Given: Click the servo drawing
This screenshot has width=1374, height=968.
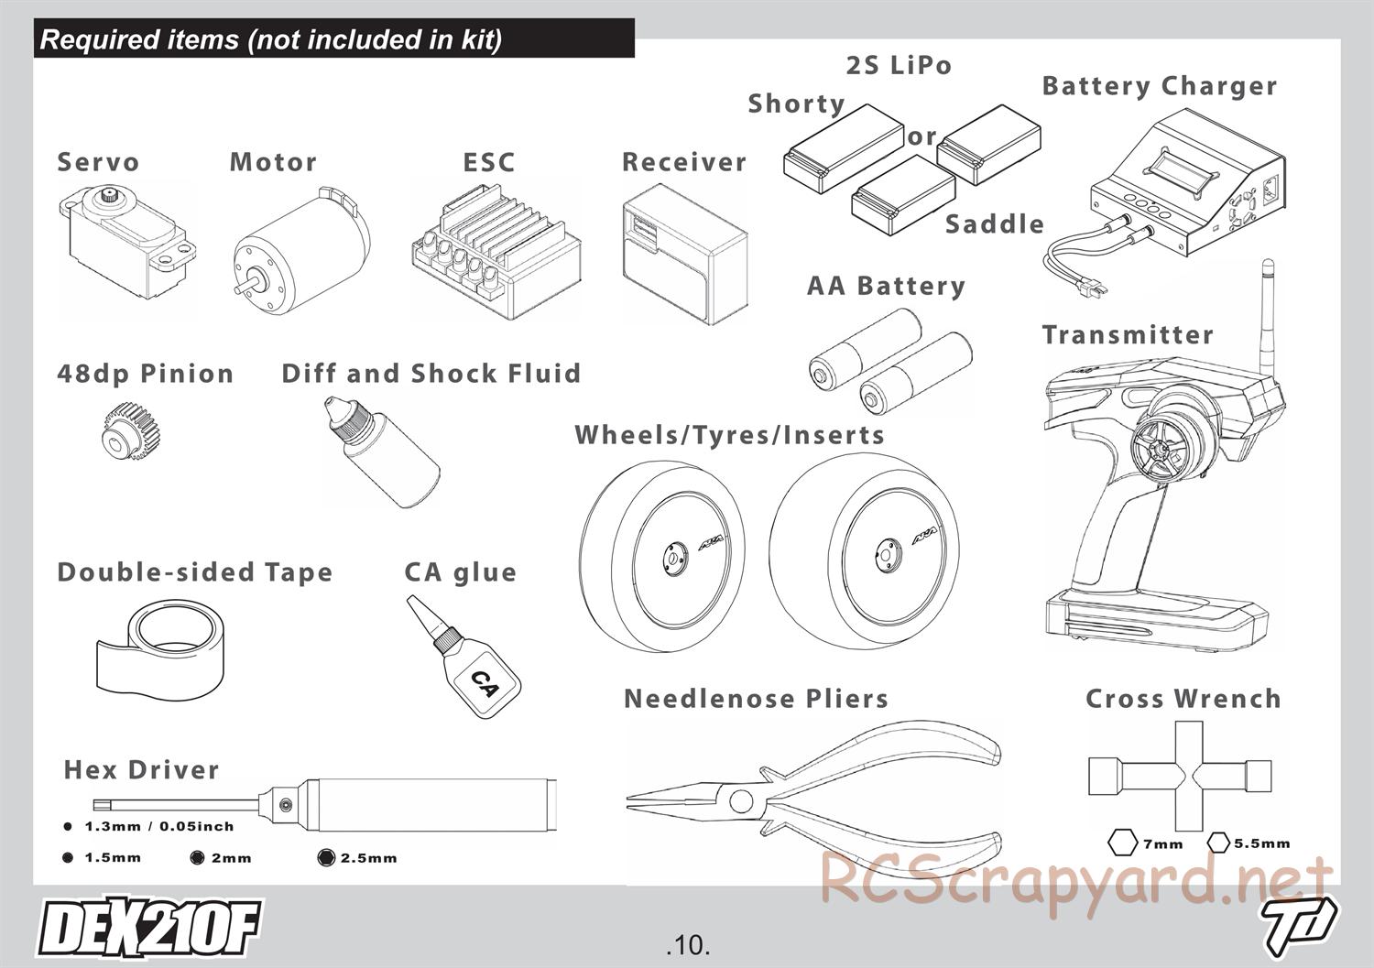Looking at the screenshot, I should (126, 243).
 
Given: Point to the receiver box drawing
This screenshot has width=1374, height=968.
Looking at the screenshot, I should (682, 256).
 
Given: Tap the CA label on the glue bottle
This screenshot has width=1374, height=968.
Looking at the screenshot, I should (483, 683).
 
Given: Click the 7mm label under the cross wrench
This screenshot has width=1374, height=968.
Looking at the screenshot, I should (1162, 844).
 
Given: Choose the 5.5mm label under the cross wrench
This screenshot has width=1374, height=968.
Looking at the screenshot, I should (1261, 843).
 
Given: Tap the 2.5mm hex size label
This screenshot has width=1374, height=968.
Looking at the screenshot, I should (368, 858).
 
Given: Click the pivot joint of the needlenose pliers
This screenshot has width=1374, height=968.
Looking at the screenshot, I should (739, 801).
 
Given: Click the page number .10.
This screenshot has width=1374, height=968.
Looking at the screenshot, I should (689, 944).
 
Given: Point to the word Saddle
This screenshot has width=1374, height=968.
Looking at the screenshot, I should (994, 224).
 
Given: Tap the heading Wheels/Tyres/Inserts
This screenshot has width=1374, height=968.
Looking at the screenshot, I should (729, 435).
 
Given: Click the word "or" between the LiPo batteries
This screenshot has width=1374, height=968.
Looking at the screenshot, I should (921, 137).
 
